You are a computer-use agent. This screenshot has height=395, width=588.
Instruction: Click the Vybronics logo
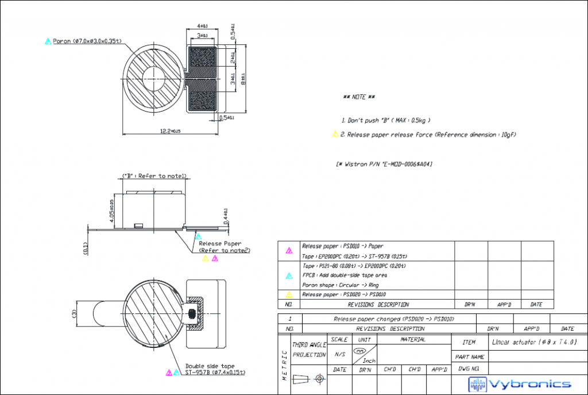[520, 384]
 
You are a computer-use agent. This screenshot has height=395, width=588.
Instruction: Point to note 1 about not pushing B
[385, 120]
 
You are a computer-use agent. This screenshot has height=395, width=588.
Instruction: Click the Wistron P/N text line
[384, 164]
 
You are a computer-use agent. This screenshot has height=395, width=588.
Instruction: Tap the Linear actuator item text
[533, 342]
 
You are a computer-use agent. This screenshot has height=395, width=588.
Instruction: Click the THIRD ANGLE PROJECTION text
[309, 349]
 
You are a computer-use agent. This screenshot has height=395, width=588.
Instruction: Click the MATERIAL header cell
[413, 340]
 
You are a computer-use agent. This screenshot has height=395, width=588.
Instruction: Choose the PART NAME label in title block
[469, 357]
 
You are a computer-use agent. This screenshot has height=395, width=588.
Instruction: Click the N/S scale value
[339, 354]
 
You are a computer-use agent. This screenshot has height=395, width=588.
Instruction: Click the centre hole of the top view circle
[153, 78]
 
